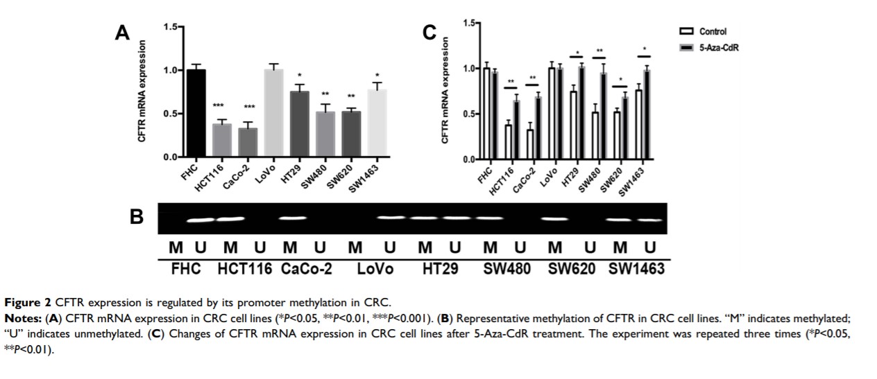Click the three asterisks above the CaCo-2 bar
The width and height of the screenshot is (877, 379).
250,107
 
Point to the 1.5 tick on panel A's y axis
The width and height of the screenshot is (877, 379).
171,26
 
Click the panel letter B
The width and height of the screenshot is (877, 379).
137,217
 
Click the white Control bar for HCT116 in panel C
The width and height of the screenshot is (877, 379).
509,142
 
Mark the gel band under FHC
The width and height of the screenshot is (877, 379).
200,220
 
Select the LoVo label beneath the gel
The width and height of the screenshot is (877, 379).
375,269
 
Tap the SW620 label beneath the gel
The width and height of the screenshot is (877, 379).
572,269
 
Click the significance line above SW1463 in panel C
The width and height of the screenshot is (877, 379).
645,56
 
